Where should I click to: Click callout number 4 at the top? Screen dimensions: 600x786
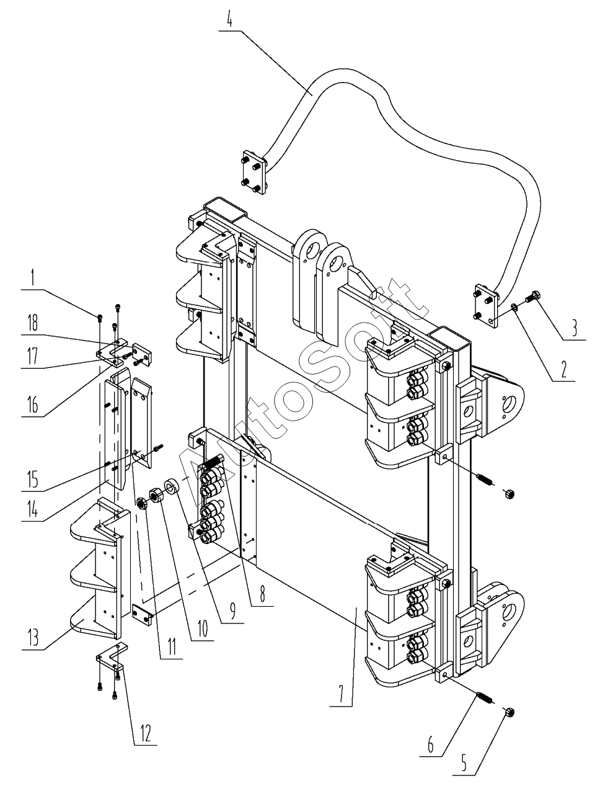coord(230,20)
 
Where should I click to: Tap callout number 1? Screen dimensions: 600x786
coord(33,277)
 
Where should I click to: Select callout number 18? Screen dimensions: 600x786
coord(33,323)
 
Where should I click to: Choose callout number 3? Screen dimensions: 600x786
coord(574,328)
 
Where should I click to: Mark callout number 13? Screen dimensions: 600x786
coord(33,637)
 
